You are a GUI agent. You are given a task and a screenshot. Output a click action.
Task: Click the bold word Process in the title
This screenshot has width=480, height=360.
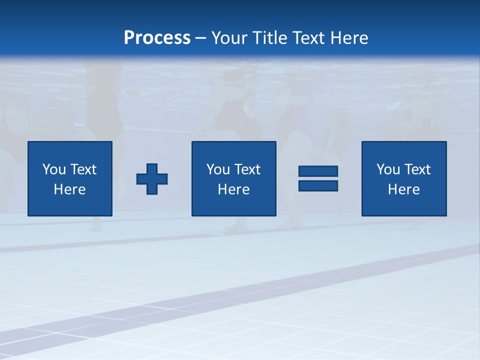(x=157, y=38)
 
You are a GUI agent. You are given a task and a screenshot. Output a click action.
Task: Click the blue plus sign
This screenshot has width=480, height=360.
(x=152, y=179)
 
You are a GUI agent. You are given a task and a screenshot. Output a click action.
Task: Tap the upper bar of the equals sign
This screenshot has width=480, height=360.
(x=318, y=171)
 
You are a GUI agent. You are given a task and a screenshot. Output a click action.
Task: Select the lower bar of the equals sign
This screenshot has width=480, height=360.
(x=318, y=186)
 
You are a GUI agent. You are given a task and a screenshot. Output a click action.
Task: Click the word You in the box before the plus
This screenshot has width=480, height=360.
(x=54, y=169)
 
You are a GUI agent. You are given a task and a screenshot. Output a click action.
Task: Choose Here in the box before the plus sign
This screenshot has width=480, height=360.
(x=70, y=189)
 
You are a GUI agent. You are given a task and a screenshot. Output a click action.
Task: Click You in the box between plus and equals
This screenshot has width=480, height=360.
(x=218, y=169)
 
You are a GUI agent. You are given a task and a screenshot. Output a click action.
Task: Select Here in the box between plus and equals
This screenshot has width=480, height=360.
(x=234, y=189)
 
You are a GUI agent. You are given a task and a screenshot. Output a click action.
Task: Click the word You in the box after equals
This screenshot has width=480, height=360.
(x=388, y=169)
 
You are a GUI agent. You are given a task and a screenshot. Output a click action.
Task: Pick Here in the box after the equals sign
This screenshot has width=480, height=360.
(x=404, y=189)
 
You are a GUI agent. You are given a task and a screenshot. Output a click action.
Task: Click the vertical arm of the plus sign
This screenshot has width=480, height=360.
(x=152, y=168)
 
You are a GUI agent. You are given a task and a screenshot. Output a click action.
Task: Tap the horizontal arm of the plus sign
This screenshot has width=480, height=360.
(x=141, y=179)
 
